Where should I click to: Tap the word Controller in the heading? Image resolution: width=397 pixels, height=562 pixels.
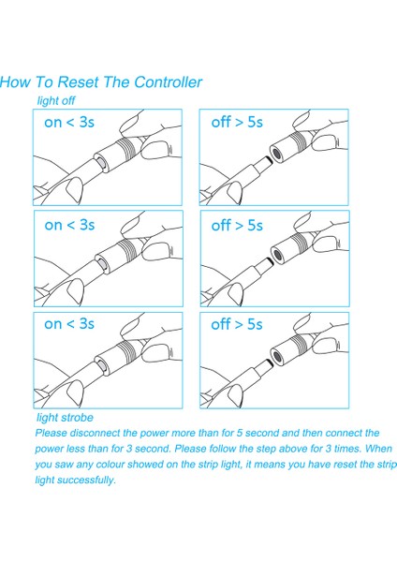click(x=168, y=82)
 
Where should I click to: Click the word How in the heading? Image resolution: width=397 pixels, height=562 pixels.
click(x=15, y=82)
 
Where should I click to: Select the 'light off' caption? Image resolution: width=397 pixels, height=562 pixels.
click(x=56, y=101)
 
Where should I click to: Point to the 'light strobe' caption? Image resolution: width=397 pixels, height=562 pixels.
click(x=65, y=417)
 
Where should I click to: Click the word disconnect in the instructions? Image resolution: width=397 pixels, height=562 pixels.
click(x=95, y=433)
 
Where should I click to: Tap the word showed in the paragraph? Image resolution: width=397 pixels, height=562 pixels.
click(x=146, y=465)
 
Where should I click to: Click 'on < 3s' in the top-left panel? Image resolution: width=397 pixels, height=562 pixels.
click(x=69, y=122)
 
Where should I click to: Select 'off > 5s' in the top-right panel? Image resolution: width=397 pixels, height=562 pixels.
click(x=237, y=122)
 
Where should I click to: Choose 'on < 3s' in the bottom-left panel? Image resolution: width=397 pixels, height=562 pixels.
click(x=69, y=324)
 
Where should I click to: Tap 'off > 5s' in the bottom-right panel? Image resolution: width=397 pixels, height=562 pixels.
click(x=237, y=324)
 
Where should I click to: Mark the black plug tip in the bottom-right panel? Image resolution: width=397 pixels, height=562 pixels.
click(x=269, y=363)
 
